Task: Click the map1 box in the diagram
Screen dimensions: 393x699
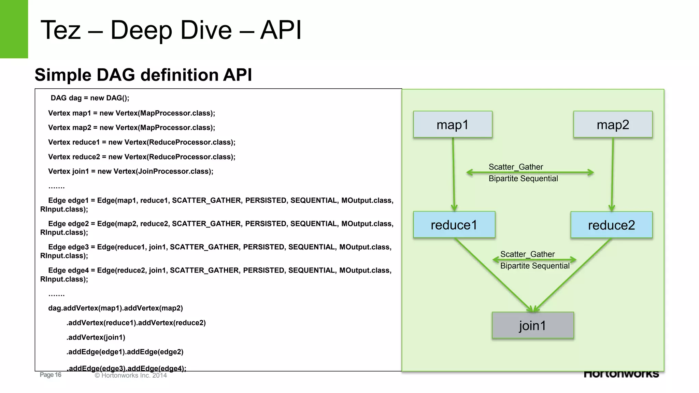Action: coord(453,125)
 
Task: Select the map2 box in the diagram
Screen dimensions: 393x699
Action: coord(613,125)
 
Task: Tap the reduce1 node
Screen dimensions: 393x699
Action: coord(454,225)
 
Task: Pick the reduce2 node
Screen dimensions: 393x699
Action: coord(611,225)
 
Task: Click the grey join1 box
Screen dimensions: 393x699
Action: coord(532,325)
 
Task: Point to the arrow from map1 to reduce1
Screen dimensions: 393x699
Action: coord(454,174)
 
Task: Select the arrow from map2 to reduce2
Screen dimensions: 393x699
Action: coord(612,174)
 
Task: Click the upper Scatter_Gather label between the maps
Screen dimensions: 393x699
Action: coord(516,167)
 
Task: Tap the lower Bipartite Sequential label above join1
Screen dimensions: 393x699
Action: coord(535,266)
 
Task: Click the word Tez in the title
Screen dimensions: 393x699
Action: coord(61,30)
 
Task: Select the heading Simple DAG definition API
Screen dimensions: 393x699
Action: coord(143,75)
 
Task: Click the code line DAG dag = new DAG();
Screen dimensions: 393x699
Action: coord(90,98)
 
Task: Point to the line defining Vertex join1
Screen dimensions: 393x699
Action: coord(131,171)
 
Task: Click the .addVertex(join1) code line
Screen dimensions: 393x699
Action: coord(96,337)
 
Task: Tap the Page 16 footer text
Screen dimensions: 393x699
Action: coord(51,375)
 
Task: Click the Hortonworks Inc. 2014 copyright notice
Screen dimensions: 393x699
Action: coord(131,375)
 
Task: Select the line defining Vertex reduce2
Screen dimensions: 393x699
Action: coord(142,157)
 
